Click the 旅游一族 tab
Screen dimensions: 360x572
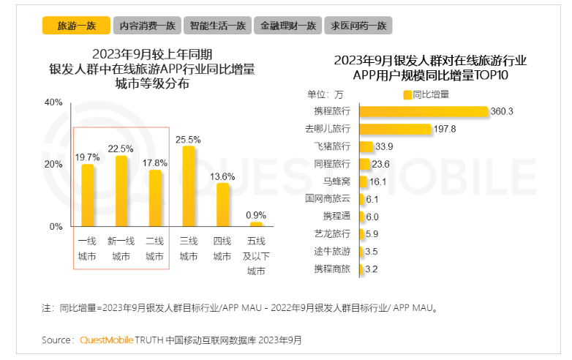pyautogui.click(x=76, y=26)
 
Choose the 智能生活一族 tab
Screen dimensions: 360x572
pyautogui.click(x=217, y=26)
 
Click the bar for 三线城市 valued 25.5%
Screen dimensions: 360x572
pyautogui.click(x=189, y=187)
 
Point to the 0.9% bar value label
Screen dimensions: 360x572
pyautogui.click(x=255, y=214)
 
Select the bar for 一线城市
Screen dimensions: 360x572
pyautogui.click(x=88, y=195)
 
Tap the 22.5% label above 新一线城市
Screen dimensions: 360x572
pyautogui.click(x=121, y=149)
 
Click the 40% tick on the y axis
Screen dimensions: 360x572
pyautogui.click(x=54, y=102)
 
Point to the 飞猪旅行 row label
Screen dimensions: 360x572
pyautogui.click(x=332, y=146)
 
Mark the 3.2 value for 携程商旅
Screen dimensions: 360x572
pyautogui.click(x=372, y=269)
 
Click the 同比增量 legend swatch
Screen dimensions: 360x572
pyautogui.click(x=407, y=94)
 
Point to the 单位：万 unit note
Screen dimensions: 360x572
pyautogui.click(x=325, y=94)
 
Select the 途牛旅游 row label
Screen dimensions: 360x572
pyautogui.click(x=332, y=251)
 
